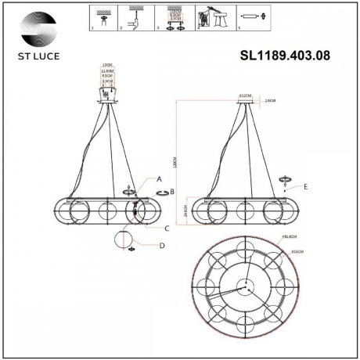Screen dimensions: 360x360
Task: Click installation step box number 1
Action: pyautogui.click(x=101, y=18)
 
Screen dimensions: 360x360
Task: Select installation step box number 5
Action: pyautogui.click(x=250, y=18)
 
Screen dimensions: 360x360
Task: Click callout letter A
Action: pyautogui.click(x=159, y=179)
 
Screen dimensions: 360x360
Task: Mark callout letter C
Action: pyautogui.click(x=167, y=229)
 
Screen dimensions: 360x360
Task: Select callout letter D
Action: pyautogui.click(x=161, y=247)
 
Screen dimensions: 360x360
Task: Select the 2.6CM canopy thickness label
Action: pyautogui.click(x=270, y=101)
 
